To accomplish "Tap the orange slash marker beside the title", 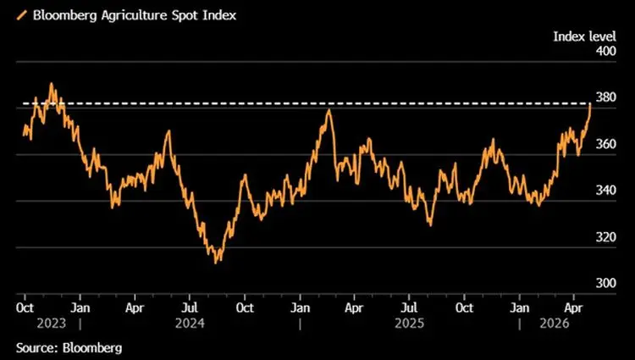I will click(x=21, y=14).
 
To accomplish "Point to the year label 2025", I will click(x=411, y=323).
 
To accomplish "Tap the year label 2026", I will click(x=555, y=323).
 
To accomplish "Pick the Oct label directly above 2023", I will click(x=25, y=307).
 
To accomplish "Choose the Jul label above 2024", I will click(x=191, y=307).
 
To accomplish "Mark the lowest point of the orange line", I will click(x=217, y=263).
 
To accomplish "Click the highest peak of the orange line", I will click(x=52, y=84).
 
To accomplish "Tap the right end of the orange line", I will click(x=590, y=103).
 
